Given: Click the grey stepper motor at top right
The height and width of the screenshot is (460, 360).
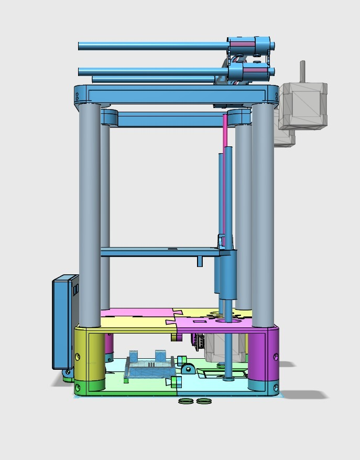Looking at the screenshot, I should (302, 105).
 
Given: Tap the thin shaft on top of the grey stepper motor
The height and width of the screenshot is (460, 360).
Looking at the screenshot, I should (302, 71).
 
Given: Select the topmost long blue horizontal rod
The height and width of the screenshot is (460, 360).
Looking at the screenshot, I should (152, 46).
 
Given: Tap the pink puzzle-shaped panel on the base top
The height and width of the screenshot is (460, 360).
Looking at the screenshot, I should (136, 314).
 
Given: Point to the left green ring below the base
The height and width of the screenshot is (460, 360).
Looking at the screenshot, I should (185, 402).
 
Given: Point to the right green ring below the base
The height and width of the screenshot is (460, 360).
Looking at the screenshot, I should (204, 402).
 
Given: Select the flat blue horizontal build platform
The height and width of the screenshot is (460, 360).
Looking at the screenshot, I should (157, 252).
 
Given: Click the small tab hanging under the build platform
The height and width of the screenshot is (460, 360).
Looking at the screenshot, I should (200, 261).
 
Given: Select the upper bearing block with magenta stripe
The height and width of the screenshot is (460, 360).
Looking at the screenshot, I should (250, 45).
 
